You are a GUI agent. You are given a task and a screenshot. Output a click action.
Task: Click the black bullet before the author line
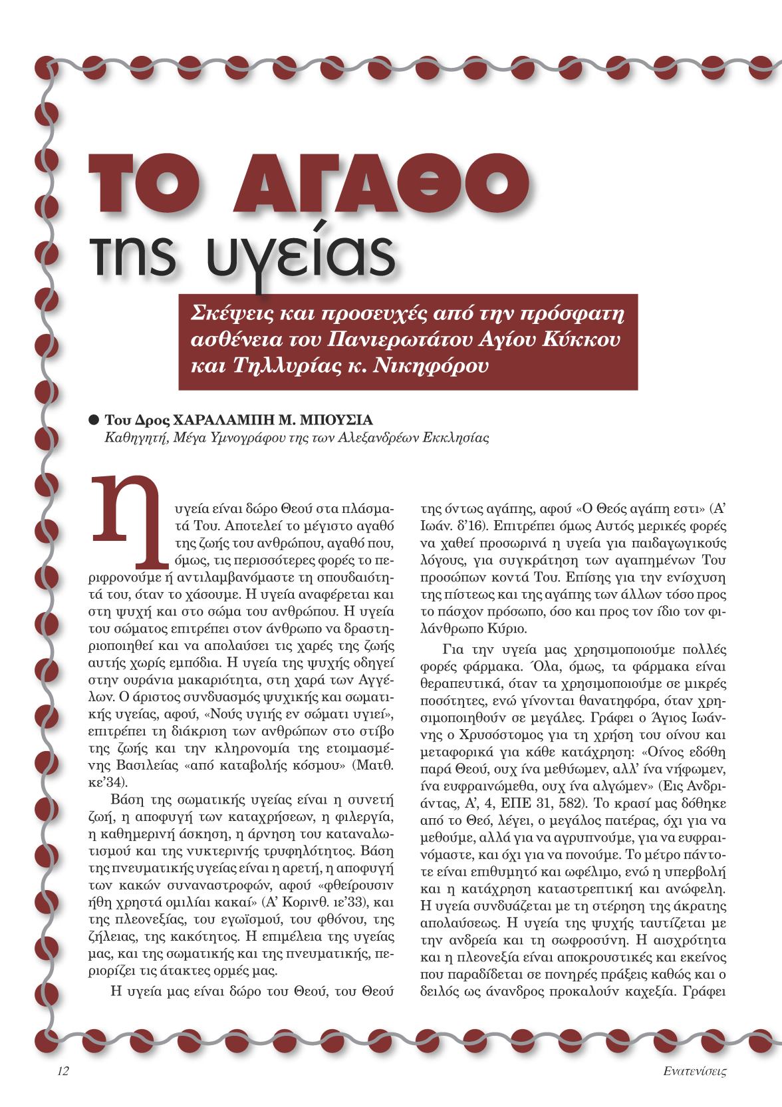(94, 420)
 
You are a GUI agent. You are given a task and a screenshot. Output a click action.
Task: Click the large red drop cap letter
(126, 522)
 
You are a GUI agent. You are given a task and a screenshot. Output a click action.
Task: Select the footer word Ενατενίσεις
(694, 1071)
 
